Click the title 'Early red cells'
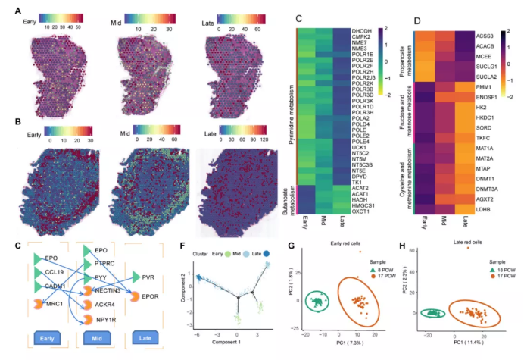click(334, 244)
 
